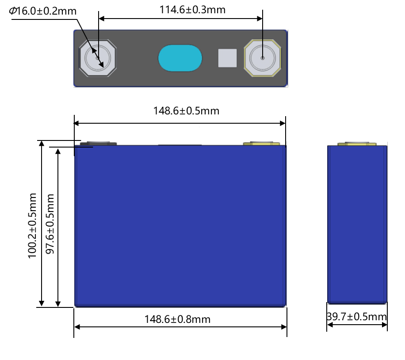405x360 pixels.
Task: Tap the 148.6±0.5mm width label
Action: click(x=186, y=110)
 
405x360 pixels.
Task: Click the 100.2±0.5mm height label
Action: click(x=32, y=225)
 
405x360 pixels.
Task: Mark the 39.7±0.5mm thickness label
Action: click(x=357, y=317)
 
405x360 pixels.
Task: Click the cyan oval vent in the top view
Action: click(x=180, y=58)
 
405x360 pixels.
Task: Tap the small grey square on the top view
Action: click(x=227, y=58)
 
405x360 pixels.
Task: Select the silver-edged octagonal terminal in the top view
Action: click(x=97, y=58)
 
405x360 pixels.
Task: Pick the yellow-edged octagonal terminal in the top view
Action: click(x=263, y=58)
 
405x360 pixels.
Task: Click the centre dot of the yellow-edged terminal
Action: click(x=263, y=58)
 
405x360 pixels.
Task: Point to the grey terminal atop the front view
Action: click(x=98, y=144)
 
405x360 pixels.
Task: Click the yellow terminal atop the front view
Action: click(x=262, y=144)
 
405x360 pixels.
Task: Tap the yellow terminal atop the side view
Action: click(x=357, y=144)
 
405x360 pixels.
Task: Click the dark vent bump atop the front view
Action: click(x=180, y=145)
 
